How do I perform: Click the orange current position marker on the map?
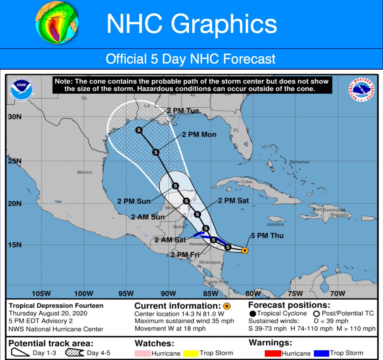click(245, 250)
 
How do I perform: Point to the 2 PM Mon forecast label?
click(199, 135)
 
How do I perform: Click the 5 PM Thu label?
click(267, 236)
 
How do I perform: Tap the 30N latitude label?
click(15, 117)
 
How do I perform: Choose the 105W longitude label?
click(41, 294)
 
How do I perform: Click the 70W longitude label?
click(337, 294)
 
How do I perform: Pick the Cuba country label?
click(246, 182)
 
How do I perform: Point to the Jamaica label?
click(275, 224)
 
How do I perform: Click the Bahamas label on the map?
click(299, 162)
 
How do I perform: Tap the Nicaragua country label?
click(210, 262)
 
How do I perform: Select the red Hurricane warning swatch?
click(273, 353)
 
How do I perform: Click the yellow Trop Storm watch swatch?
click(191, 353)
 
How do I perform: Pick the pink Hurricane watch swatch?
click(143, 353)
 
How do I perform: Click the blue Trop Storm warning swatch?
click(321, 353)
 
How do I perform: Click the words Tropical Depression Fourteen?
click(56, 306)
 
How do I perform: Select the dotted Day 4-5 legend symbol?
click(75, 353)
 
